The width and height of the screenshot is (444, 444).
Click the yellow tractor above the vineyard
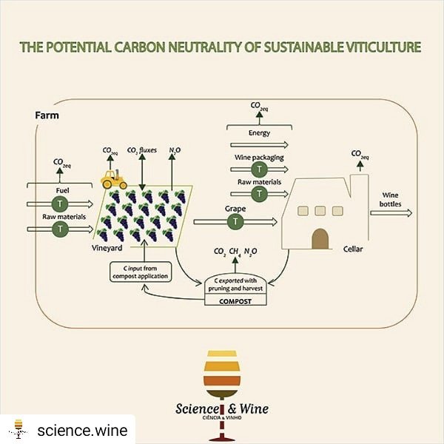pyautogui.click(x=114, y=178)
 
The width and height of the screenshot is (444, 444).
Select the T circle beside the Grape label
pyautogui.click(x=235, y=221)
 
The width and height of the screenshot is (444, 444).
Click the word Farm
pyautogui.click(x=47, y=115)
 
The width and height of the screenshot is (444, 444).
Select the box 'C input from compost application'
pyautogui.click(x=141, y=272)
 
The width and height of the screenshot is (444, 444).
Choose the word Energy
pyautogui.click(x=258, y=133)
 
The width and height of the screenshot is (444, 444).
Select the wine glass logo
pyautogui.click(x=221, y=370)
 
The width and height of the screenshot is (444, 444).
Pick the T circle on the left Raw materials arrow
pyautogui.click(x=58, y=229)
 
